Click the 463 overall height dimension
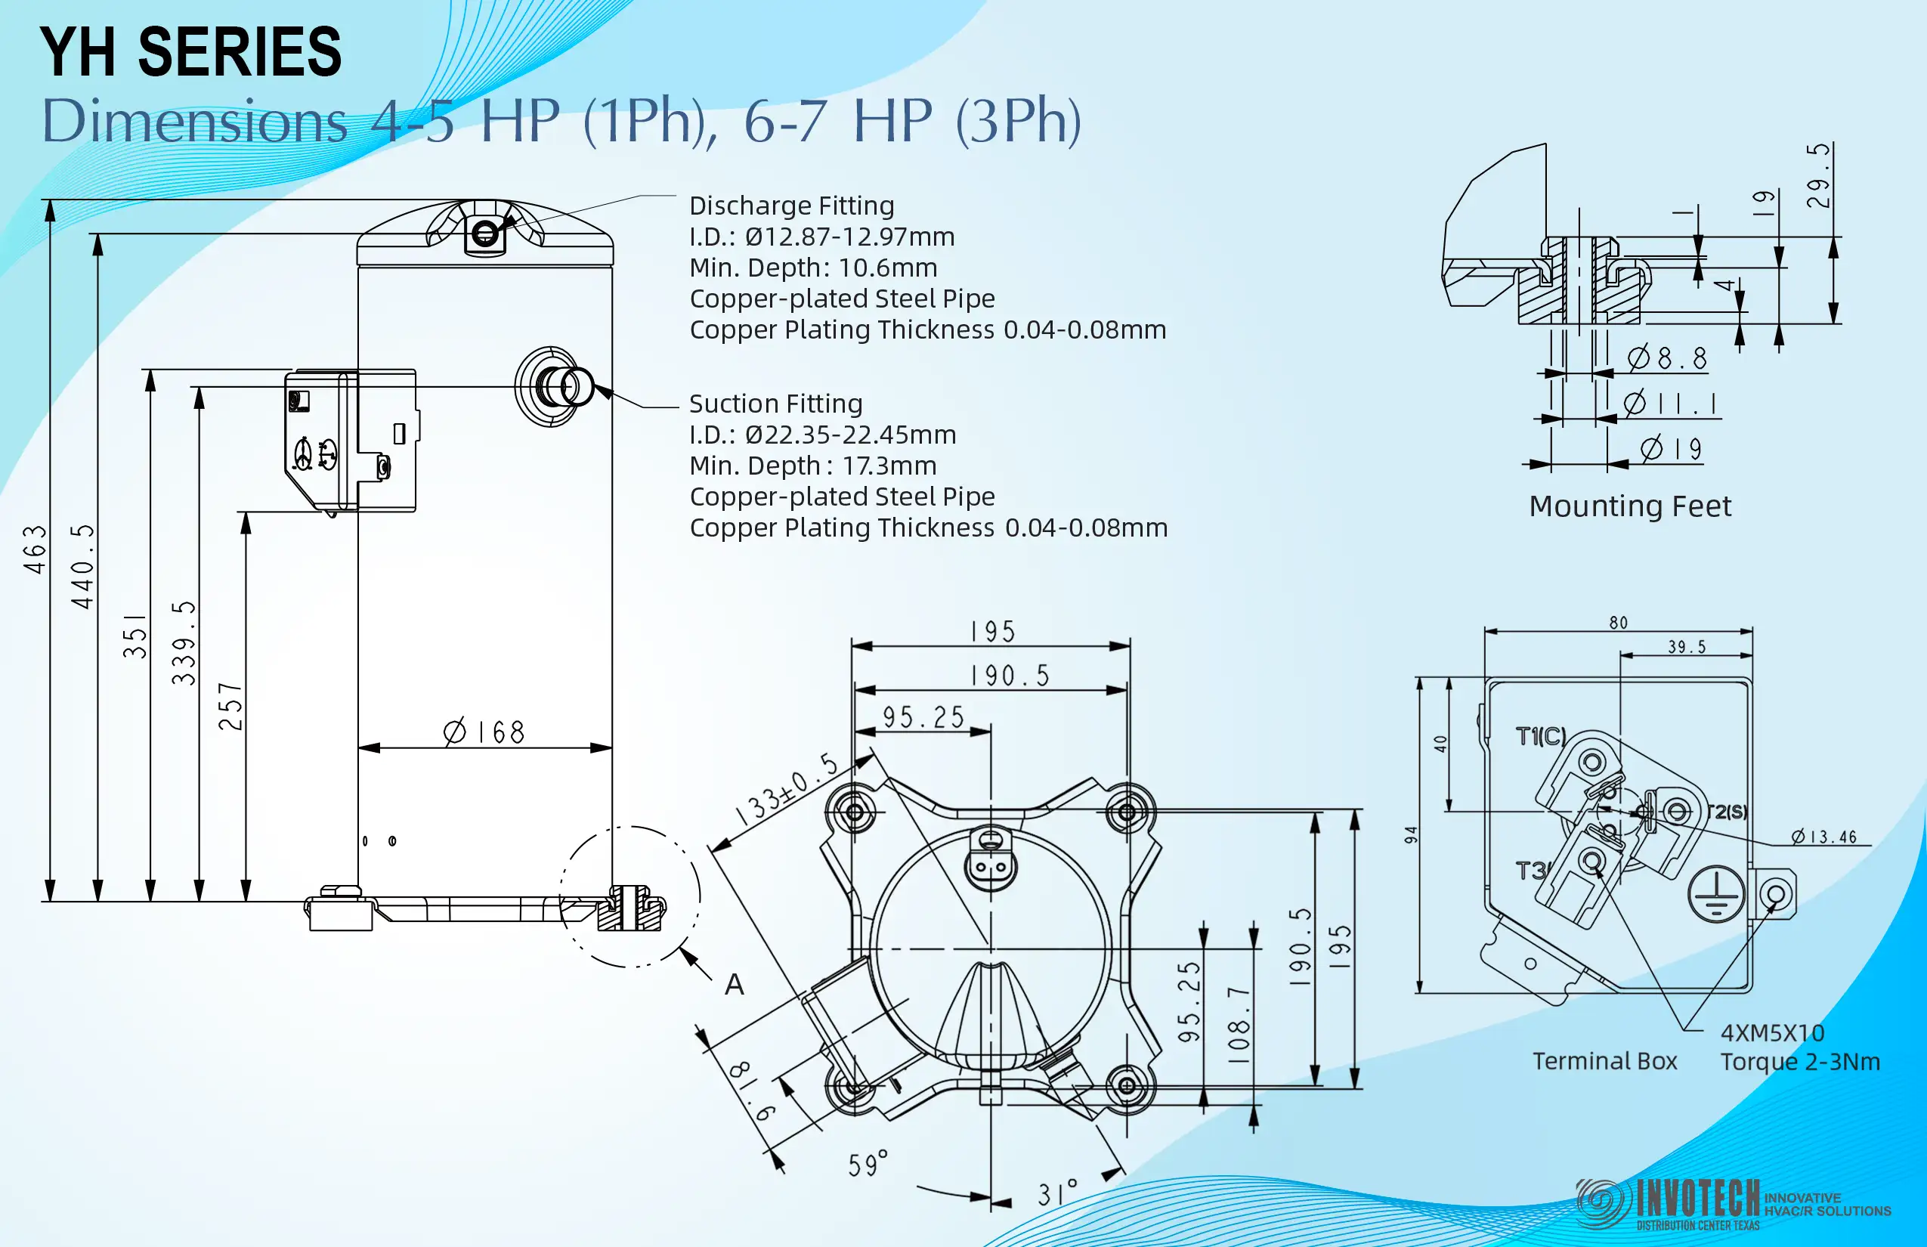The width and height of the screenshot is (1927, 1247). tap(36, 550)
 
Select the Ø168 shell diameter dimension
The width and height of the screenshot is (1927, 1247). tap(484, 732)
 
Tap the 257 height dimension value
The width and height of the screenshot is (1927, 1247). tap(230, 706)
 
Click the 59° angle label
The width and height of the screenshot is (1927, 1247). tap(868, 1164)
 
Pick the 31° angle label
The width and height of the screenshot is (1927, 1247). tap(1057, 1193)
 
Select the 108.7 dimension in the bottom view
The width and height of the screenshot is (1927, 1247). tap(1239, 1018)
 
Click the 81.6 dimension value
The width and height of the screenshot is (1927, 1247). tap(752, 1091)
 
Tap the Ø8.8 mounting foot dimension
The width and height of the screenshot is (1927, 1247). tap(1667, 357)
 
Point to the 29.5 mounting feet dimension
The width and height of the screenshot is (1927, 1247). tap(1817, 175)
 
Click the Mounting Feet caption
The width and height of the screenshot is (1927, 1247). tap(1630, 506)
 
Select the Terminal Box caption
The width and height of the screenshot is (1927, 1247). tap(1605, 1061)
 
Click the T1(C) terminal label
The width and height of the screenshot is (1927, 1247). tap(1541, 736)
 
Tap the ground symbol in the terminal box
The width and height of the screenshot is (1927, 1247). tap(1715, 894)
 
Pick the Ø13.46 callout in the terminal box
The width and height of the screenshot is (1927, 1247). tap(1824, 837)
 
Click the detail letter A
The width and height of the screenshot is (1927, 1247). tap(735, 985)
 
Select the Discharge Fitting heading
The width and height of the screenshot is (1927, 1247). tap(792, 206)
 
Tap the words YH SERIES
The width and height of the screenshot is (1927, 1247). tap(191, 52)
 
